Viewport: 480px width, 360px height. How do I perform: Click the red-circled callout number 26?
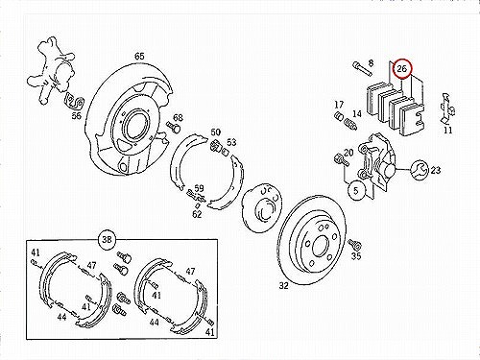point(401,69)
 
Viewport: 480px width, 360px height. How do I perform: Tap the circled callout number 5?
point(356,191)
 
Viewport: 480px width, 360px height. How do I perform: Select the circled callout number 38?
point(107,239)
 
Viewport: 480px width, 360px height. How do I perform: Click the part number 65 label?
point(139,57)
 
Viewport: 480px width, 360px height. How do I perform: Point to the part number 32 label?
point(284,285)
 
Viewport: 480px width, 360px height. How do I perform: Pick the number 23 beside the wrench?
point(436,170)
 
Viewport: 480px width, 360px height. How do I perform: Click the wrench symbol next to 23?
point(419,170)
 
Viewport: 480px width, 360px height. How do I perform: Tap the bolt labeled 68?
point(174,128)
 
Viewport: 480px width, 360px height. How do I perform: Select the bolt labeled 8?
point(362,69)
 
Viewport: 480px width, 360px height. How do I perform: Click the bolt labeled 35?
point(354,245)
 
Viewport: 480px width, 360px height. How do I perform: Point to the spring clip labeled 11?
point(447,108)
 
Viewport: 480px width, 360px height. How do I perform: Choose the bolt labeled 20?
point(342,160)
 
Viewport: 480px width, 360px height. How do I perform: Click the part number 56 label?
point(77,115)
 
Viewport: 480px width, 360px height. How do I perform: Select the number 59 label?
point(199,188)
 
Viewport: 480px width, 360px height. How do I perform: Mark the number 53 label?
point(231,142)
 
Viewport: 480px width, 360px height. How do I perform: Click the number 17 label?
point(339,105)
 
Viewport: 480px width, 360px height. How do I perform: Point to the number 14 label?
point(357,114)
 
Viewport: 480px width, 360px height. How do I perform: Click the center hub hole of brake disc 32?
point(320,247)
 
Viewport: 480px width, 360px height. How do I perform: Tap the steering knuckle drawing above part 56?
point(53,70)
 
